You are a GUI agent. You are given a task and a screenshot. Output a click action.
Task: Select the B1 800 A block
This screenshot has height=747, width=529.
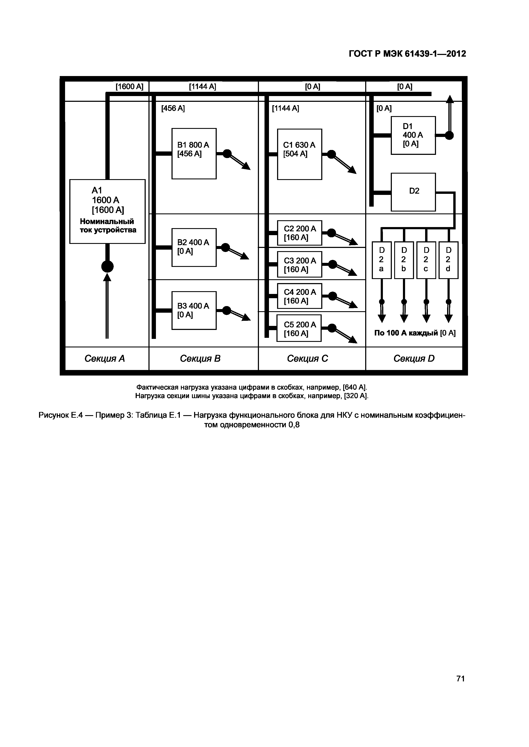click(194, 154)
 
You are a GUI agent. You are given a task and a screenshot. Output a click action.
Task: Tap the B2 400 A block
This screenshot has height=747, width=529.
click(194, 247)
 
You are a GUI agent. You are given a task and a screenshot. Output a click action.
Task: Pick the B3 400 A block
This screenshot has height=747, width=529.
click(194, 310)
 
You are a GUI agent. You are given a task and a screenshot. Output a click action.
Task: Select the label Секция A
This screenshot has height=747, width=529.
click(105, 358)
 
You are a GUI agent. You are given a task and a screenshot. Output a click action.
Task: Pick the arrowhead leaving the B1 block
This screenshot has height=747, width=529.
click(246, 166)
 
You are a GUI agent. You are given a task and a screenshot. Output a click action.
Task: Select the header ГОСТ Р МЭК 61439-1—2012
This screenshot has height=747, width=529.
click(407, 54)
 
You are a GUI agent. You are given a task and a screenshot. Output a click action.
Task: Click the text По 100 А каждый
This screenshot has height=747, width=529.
click(406, 333)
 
